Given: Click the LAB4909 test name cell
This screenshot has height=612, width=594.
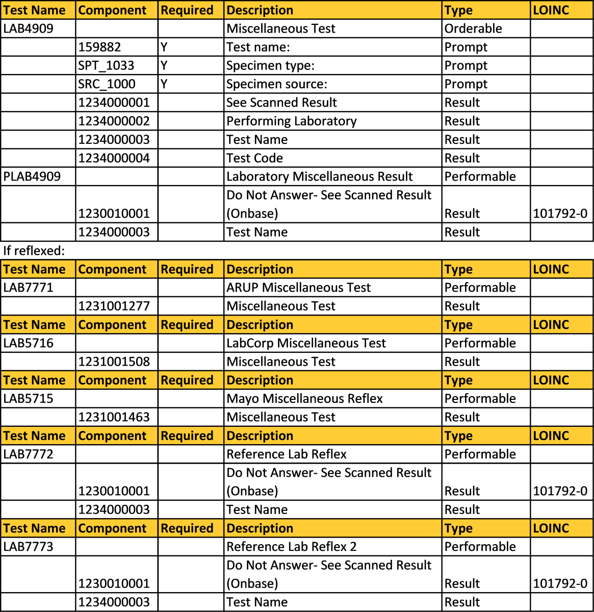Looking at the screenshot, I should (x=29, y=29).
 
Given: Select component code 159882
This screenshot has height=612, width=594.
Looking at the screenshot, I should (x=100, y=47).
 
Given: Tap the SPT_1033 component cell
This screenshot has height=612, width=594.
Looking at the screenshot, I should (x=107, y=66).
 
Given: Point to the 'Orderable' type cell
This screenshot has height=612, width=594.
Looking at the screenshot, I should (x=473, y=29).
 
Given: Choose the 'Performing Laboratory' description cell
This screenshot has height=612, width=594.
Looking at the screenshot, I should (x=292, y=121).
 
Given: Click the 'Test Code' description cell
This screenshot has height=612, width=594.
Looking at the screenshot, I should (x=254, y=158).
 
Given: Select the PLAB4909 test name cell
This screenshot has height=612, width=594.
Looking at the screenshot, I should (x=32, y=177).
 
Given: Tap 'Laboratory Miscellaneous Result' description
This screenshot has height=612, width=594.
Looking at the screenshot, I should (x=320, y=177).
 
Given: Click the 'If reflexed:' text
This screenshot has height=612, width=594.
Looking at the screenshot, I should (x=32, y=250).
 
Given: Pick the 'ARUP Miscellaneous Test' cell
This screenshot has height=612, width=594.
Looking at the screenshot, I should (x=299, y=288).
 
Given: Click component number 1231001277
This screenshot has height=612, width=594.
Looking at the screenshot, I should (x=114, y=306).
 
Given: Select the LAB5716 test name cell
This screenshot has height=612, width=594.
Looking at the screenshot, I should (x=29, y=343).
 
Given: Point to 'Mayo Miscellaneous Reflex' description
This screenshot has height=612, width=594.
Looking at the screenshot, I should (x=304, y=399).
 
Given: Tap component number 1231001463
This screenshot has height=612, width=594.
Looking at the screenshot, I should (x=114, y=417).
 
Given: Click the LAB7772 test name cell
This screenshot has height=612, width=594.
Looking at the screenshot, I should (x=29, y=454).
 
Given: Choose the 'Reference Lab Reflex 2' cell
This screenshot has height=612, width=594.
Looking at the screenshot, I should (x=292, y=547).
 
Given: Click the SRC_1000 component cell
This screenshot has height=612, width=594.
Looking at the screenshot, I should (x=107, y=84).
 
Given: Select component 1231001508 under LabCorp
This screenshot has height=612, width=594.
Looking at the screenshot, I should (x=114, y=362).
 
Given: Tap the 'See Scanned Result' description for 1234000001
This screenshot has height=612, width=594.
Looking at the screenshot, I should (x=281, y=103).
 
